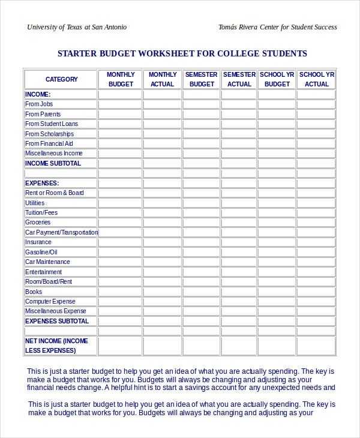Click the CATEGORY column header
tap(61, 79)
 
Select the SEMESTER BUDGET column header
tap(202, 79)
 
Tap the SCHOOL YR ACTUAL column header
tap(317, 79)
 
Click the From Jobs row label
tap(39, 104)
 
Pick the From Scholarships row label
tap(49, 134)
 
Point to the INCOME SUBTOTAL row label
tap(53, 163)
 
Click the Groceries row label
tap(38, 223)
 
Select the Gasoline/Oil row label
tap(41, 252)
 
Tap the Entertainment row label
tap(44, 272)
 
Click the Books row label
tap(34, 292)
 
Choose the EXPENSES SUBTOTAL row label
tap(57, 321)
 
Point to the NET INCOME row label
tap(56, 346)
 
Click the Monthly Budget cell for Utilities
tap(121, 203)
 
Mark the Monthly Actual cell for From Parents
tap(162, 114)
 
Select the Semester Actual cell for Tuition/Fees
tap(239, 212)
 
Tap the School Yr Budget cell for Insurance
tap(277, 242)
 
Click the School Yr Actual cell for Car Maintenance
tap(317, 262)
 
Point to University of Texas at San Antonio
tap(77, 27)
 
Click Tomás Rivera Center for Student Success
tap(278, 27)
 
